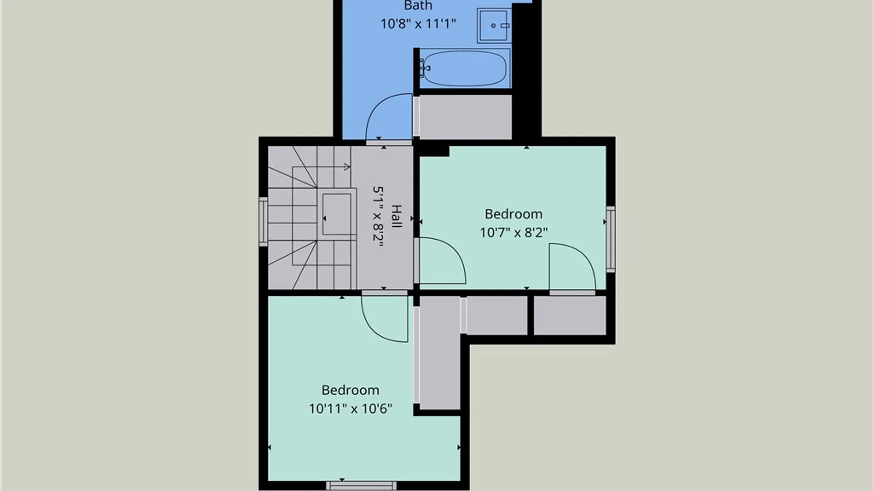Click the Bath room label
click(x=418, y=5)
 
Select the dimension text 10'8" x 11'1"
click(x=418, y=24)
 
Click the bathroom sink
click(x=494, y=25)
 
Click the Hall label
click(x=396, y=216)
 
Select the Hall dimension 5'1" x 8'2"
click(x=378, y=216)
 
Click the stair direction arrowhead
click(x=347, y=167)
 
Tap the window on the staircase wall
click(x=263, y=222)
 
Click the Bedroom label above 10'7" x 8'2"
click(x=513, y=214)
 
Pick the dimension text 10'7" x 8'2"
click(x=513, y=233)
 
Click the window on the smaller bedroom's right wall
click(x=611, y=240)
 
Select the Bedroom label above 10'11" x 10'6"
click(x=350, y=390)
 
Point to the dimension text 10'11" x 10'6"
click(x=350, y=409)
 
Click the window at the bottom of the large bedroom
click(x=361, y=486)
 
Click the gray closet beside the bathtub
click(x=465, y=117)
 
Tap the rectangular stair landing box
click(x=336, y=214)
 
